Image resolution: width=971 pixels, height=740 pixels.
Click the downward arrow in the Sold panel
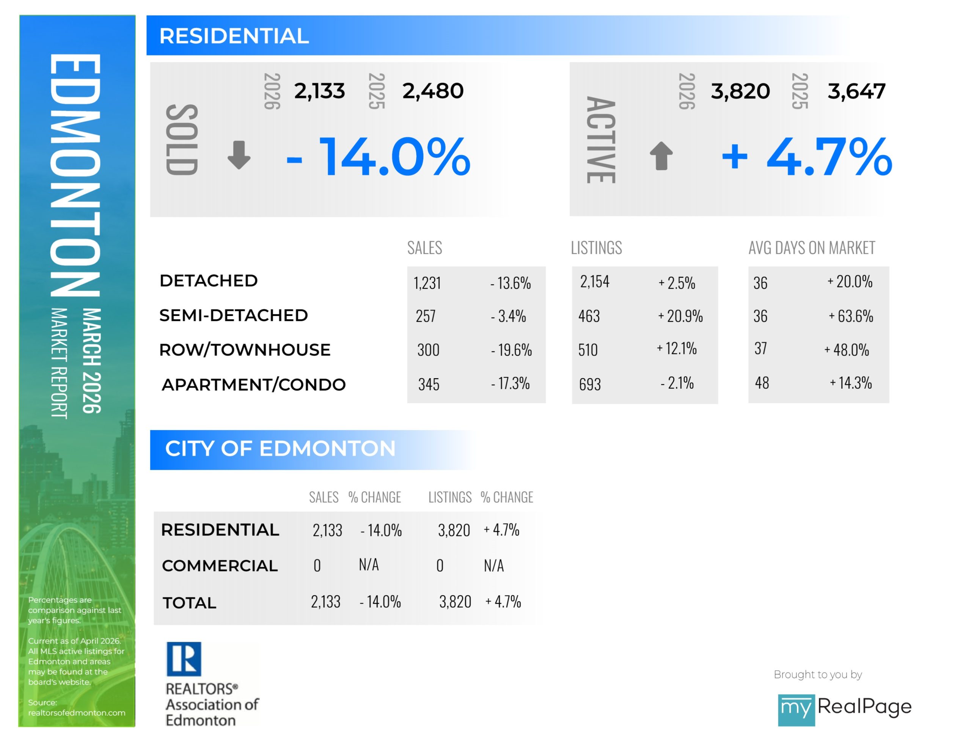(239, 155)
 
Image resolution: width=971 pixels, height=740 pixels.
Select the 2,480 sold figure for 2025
(432, 91)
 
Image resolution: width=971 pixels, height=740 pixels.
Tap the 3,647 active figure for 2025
(856, 91)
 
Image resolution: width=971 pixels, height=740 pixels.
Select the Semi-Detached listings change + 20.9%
(680, 316)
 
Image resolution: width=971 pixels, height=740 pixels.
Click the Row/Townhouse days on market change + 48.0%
(846, 350)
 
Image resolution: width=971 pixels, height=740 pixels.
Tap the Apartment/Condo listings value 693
(590, 385)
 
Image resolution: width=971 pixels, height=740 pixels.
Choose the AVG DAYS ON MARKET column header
(811, 248)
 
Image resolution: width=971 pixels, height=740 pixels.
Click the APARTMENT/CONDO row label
(254, 385)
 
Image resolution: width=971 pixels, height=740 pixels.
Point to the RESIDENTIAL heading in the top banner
(234, 36)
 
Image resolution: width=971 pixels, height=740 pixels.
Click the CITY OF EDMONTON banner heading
(280, 448)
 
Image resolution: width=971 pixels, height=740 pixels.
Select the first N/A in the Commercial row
(369, 565)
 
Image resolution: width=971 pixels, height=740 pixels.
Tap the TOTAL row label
(189, 603)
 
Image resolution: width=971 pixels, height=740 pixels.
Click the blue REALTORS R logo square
(184, 658)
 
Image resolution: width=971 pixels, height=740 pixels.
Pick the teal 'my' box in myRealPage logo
(796, 709)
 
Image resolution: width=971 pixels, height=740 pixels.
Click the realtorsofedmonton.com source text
(77, 713)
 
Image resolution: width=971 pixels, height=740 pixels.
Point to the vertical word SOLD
(181, 140)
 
